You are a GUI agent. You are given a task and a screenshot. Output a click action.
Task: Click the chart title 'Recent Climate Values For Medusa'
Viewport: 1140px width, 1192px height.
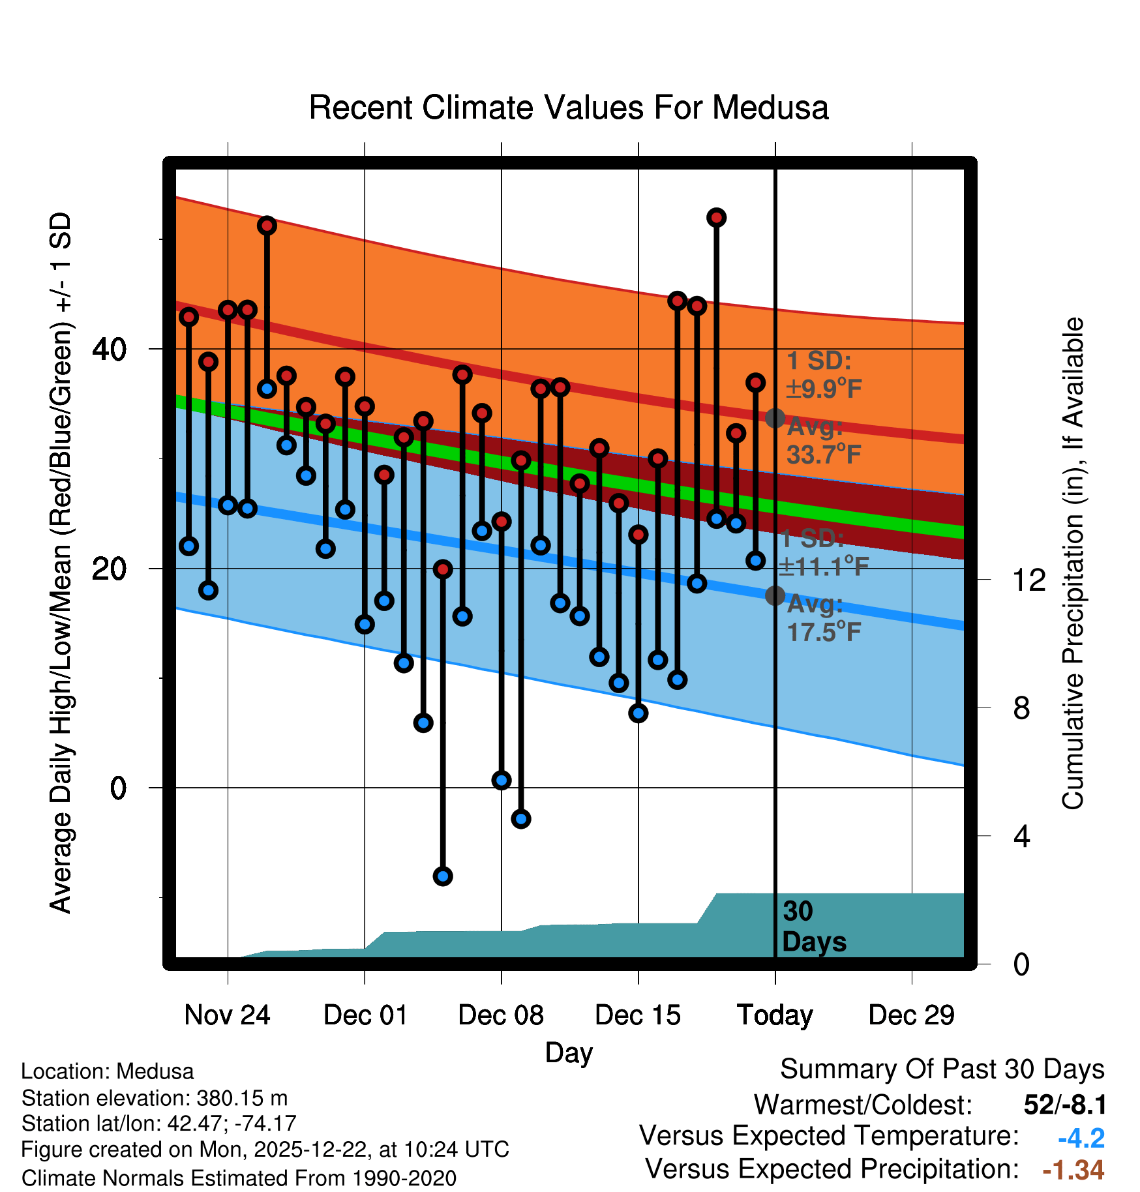click(x=568, y=108)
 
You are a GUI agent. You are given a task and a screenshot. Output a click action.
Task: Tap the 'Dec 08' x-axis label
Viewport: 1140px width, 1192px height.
click(x=501, y=1015)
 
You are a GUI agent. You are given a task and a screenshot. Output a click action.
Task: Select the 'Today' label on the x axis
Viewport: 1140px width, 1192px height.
click(x=775, y=1015)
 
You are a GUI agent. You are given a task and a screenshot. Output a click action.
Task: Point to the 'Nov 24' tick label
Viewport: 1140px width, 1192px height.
click(x=227, y=1015)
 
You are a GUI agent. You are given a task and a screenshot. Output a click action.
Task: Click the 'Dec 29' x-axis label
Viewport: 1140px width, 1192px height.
click(x=911, y=1015)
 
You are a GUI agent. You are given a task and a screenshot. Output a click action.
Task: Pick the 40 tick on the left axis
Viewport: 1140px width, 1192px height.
click(x=109, y=350)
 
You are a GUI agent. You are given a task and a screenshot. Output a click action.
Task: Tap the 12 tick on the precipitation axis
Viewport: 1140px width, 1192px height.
click(x=1029, y=580)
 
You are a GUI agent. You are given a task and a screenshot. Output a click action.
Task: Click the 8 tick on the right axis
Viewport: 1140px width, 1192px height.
click(x=1022, y=708)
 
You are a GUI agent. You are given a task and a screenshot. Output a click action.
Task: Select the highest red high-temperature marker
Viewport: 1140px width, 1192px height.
click(x=717, y=218)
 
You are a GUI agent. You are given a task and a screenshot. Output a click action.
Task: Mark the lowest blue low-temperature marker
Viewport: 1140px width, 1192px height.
click(x=443, y=876)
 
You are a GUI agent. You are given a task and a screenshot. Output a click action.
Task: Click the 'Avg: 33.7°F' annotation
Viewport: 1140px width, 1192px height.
click(x=823, y=441)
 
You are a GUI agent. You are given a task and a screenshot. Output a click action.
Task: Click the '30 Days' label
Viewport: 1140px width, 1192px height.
click(x=813, y=927)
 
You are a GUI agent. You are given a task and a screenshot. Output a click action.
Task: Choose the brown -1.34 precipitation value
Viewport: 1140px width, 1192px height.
click(x=1073, y=1170)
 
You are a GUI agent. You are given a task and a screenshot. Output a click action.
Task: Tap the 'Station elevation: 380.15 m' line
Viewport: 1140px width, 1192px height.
click(x=154, y=1098)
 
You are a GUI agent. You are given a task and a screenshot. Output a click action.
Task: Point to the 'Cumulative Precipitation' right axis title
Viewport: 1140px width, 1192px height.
click(x=1073, y=564)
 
